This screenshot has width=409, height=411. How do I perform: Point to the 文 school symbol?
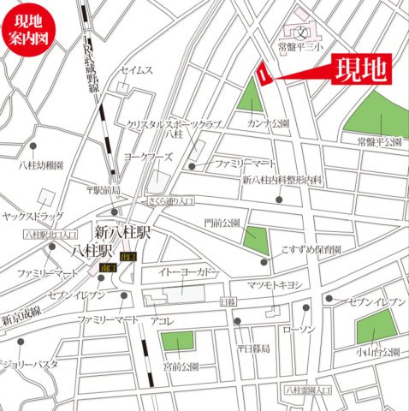point(302,33)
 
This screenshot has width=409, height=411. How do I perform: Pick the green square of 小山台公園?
point(376,328)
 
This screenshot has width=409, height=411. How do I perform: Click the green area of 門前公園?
point(256,239)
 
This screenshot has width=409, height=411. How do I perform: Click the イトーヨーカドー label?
point(188,272)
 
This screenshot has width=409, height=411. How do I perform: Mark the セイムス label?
point(137,69)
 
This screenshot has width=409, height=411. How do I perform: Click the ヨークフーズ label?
point(149,158)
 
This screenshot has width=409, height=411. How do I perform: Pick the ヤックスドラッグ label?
point(34,217)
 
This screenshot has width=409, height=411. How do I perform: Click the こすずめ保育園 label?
point(311,250)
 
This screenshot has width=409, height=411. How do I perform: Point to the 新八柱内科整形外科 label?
point(282,180)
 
